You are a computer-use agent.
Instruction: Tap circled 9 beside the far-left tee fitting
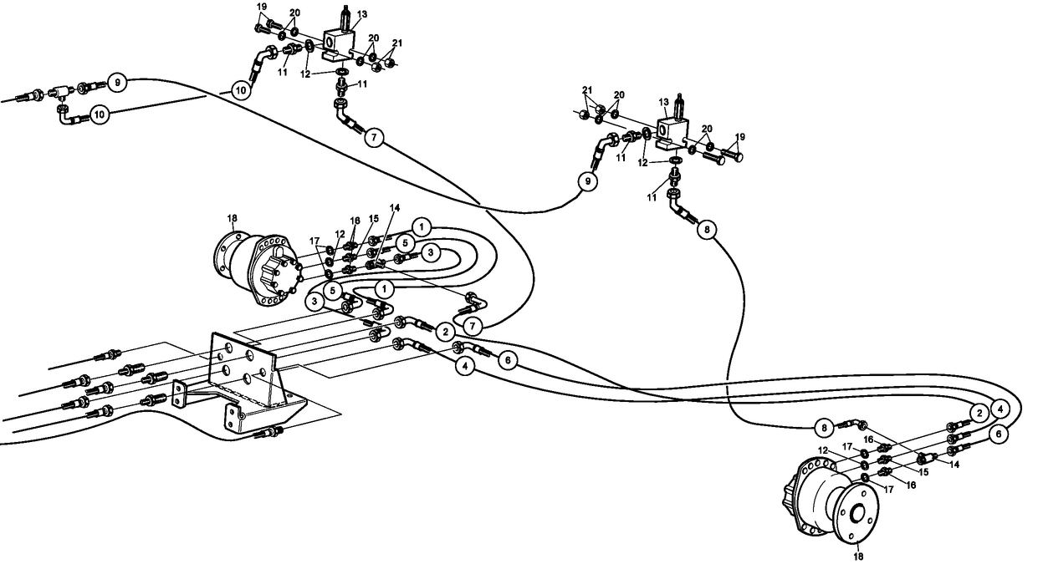pyautogui.click(x=117, y=83)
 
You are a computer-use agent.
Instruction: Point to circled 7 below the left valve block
pyautogui.click(x=374, y=139)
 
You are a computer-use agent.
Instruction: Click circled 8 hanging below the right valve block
pyautogui.click(x=705, y=231)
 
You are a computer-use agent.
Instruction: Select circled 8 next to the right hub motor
pyautogui.click(x=825, y=427)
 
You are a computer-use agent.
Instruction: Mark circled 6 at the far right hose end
pyautogui.click(x=998, y=434)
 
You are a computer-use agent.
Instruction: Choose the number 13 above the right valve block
pyautogui.click(x=665, y=103)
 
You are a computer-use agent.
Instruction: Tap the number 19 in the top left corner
pyautogui.click(x=262, y=8)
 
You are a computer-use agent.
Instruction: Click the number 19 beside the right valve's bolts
pyautogui.click(x=739, y=136)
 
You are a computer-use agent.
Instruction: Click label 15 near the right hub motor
pyautogui.click(x=923, y=472)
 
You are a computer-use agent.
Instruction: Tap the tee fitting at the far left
pyautogui.click(x=63, y=92)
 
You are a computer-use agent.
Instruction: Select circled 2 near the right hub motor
pyautogui.click(x=976, y=412)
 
